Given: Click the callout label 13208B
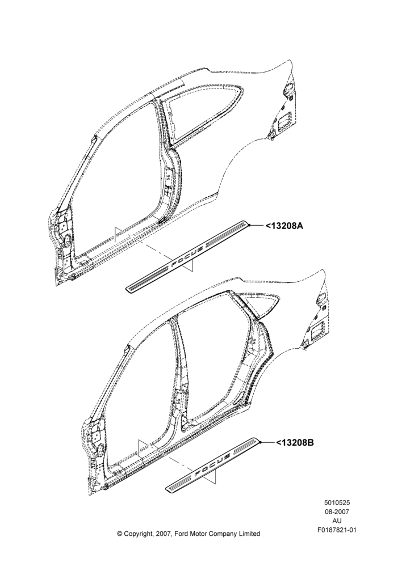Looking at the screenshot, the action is coord(295,442).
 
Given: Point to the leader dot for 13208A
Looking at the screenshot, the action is coord(249,225).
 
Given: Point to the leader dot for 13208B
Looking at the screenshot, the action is coord(259,442).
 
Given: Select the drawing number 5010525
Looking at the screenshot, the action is coord(337,502).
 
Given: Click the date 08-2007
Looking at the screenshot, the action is coord(337,511).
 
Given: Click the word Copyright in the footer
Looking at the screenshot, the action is coord(138,534).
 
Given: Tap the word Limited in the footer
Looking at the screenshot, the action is coord(249,534).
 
